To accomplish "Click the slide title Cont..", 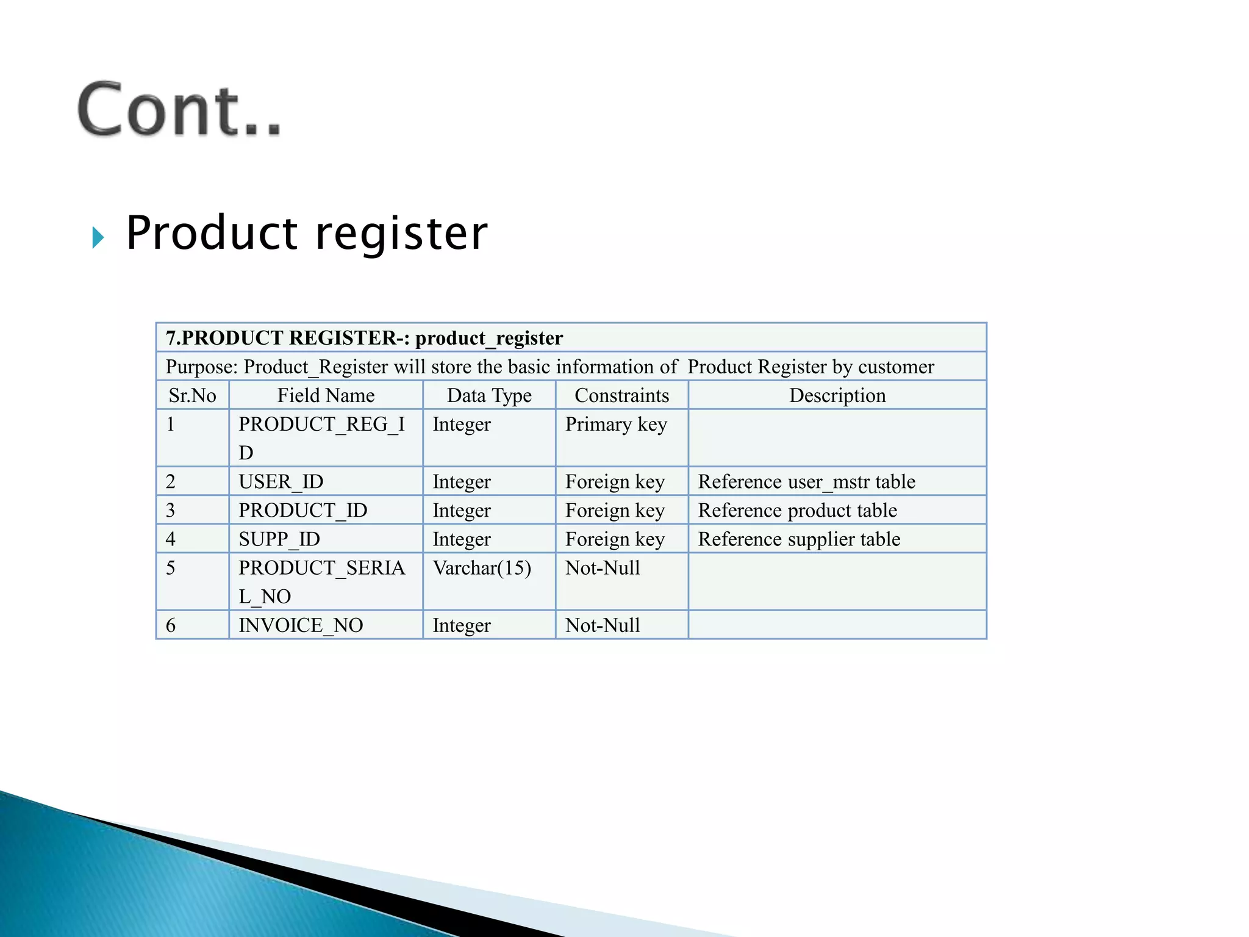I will pos(179,110).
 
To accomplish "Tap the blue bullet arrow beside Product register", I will pos(98,237).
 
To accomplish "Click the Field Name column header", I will pos(326,395).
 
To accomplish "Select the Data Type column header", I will pos(489,395).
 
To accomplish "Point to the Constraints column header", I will pos(621,395).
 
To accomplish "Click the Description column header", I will pos(837,395).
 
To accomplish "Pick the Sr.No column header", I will pos(192,395).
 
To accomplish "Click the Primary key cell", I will pos(616,425).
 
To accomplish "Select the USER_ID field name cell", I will pos(281,482).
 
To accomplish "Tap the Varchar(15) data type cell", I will pos(482,568).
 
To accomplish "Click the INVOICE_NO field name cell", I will pos(301,625).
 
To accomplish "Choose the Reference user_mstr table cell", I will pos(806,482).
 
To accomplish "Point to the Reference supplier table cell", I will pos(799,539).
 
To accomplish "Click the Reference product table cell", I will pos(797,511).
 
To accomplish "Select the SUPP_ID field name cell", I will pos(279,539).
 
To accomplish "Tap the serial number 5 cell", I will pos(171,568).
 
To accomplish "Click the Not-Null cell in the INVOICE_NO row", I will pos(603,625).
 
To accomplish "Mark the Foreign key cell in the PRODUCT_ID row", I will pos(615,511).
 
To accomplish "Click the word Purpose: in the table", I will pos(201,367).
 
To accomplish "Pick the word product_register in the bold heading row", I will pos(489,338).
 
